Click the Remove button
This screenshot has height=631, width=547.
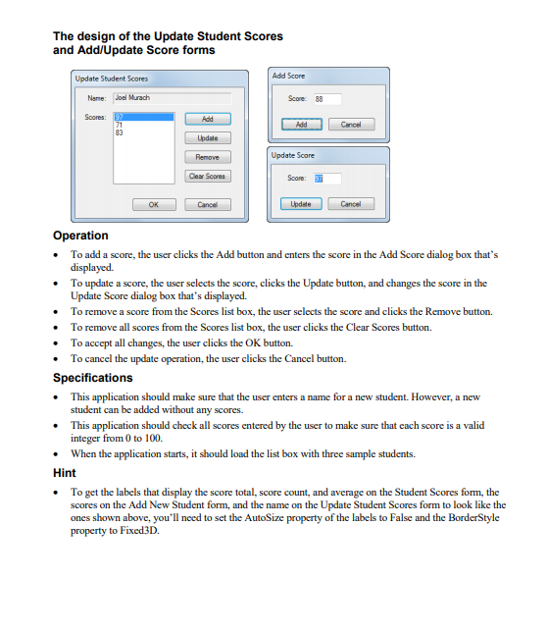click(x=207, y=157)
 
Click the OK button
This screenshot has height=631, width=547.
click(x=153, y=204)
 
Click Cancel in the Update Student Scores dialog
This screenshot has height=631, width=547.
click(x=207, y=204)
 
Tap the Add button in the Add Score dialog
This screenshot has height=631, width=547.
click(x=301, y=125)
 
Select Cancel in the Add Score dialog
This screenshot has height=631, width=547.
click(x=351, y=125)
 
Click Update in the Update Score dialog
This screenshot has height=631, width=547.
click(x=301, y=204)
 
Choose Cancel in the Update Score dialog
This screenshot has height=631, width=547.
click(x=351, y=204)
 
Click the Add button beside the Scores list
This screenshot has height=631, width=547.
click(x=207, y=118)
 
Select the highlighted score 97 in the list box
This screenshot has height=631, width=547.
click(x=121, y=117)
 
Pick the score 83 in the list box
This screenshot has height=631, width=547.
click(x=121, y=131)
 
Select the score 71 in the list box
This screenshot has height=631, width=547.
click(x=121, y=124)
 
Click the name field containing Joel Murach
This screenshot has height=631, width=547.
click(x=171, y=98)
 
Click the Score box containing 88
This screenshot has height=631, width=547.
click(x=326, y=99)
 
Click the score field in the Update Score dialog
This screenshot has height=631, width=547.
click(x=326, y=179)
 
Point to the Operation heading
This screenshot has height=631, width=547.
click(x=80, y=236)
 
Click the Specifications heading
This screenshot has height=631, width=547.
click(x=92, y=378)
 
